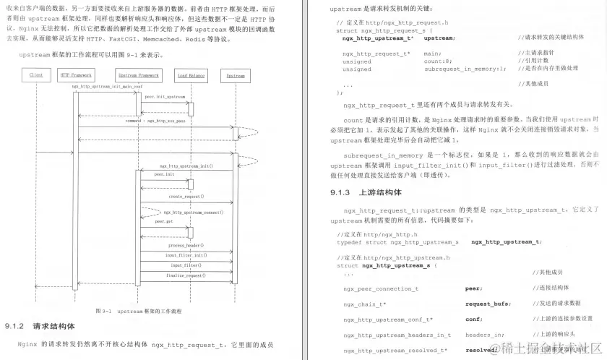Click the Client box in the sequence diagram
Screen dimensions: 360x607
coord(36,75)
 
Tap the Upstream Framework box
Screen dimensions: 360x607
coord(137,75)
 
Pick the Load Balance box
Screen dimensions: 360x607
coord(191,75)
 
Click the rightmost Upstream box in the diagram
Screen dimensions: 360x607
coord(236,75)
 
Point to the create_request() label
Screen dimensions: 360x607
coord(186,196)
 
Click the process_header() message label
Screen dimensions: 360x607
coord(186,245)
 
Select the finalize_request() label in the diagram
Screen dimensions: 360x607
coord(186,275)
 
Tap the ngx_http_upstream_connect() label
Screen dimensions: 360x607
coord(192,213)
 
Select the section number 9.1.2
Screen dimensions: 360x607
coord(14,326)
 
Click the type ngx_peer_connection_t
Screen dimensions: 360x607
coord(381,288)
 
